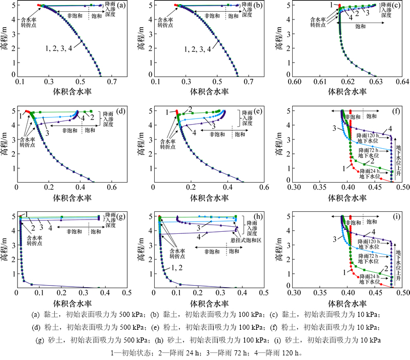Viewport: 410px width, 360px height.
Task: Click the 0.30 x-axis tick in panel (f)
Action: click(294, 188)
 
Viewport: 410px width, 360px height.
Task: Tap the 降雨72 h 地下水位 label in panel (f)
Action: click(370, 151)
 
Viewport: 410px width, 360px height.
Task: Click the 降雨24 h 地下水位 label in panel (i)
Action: click(370, 278)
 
